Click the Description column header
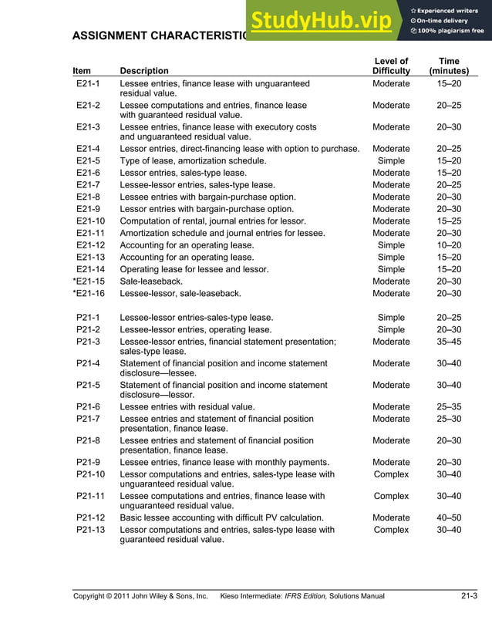[144, 71]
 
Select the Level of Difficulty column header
[391, 66]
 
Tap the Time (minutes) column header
[448, 66]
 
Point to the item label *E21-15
[89, 281]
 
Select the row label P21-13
[90, 530]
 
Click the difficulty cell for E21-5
[391, 160]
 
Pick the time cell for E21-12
[448, 245]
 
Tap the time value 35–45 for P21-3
[448, 342]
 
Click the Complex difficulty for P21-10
[391, 474]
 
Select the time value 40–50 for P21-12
[448, 517]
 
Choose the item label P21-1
[89, 317]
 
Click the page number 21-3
[470, 595]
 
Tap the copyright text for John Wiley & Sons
[140, 596]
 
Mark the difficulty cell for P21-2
[391, 329]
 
